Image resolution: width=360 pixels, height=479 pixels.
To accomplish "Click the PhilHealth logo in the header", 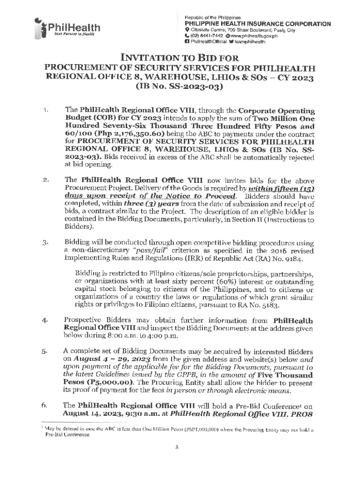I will coord(65,29).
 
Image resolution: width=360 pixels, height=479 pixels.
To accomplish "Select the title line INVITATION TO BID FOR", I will coord(180,58).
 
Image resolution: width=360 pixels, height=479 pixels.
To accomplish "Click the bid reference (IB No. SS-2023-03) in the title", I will coord(180,87).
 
